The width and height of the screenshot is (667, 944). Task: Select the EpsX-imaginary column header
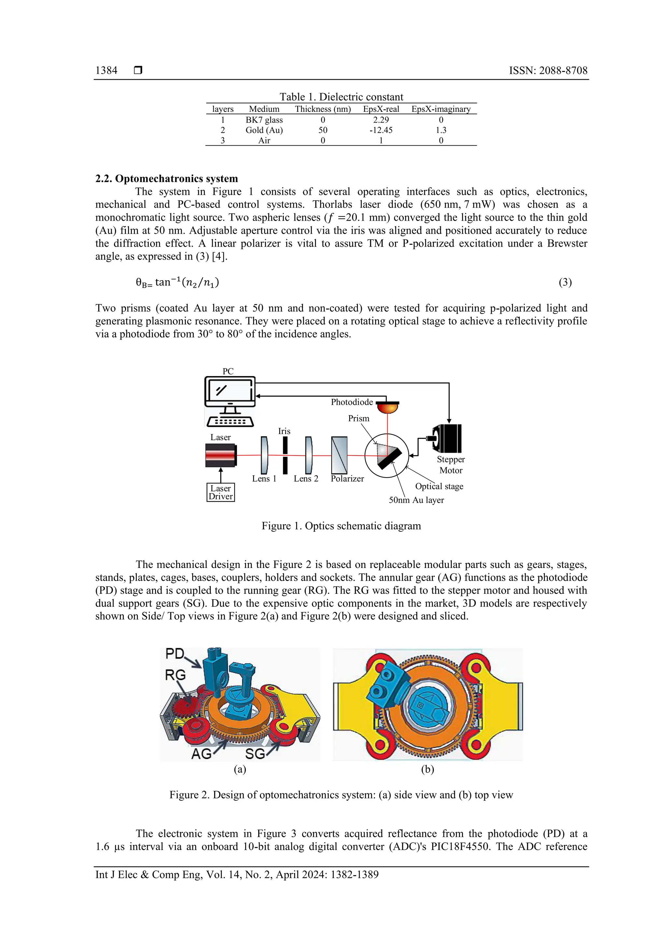coord(441,109)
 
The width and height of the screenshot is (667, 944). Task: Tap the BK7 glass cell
coord(264,120)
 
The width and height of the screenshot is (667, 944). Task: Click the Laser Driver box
coord(221,492)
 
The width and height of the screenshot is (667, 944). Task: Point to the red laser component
coord(221,455)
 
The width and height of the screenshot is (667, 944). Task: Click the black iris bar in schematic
coord(285,455)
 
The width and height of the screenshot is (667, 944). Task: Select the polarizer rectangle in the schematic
coord(339,455)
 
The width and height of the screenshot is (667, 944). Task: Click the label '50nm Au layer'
coord(416,500)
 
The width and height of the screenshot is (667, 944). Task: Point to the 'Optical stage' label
coord(439,487)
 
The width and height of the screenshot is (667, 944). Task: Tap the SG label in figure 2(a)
coord(255,754)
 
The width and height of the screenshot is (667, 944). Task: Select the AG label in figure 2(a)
coord(201,754)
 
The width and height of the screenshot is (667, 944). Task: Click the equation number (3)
coord(565,282)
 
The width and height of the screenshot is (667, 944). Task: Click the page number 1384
coord(106,70)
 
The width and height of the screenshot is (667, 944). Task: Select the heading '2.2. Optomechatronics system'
coord(166,179)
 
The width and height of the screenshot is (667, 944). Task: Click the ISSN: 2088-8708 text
coord(548,70)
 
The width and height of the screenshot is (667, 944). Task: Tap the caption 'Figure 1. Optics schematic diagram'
coord(341,526)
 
